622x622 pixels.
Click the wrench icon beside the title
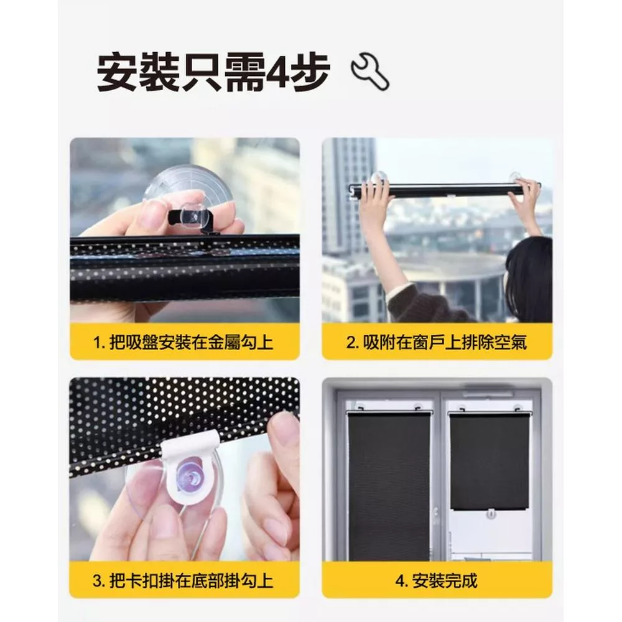tap(370, 72)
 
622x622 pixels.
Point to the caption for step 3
tap(183, 581)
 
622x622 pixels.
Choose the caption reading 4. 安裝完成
tap(437, 581)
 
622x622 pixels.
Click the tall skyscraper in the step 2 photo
tap(348, 198)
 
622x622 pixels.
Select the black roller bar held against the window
tap(444, 189)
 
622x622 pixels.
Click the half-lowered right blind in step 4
tap(489, 461)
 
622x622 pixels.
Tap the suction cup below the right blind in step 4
tap(491, 514)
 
